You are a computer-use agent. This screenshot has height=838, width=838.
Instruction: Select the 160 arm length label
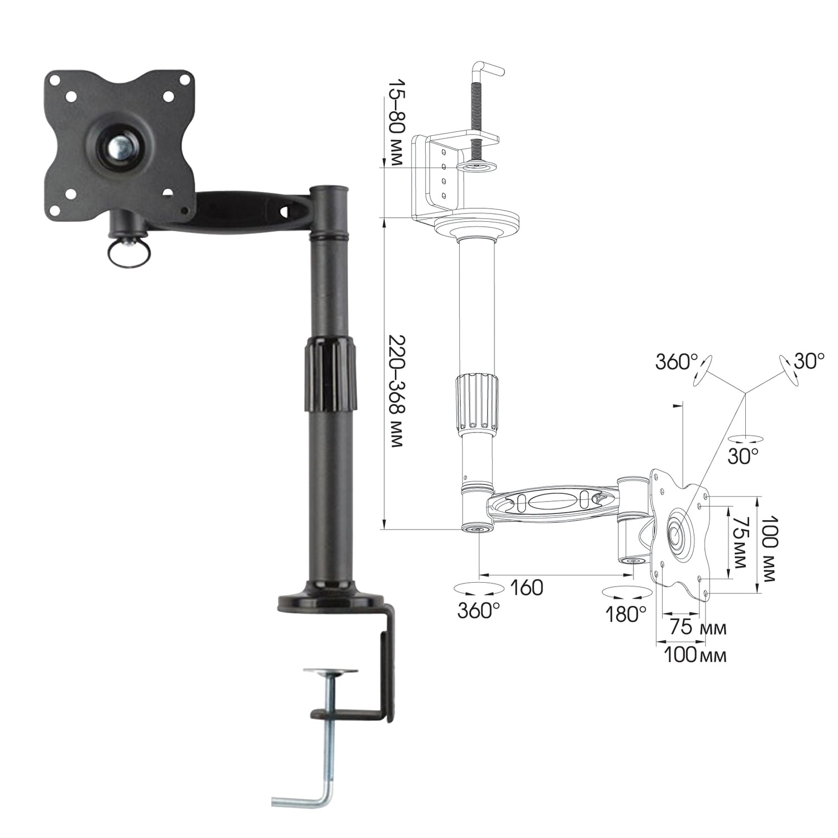pos(526,588)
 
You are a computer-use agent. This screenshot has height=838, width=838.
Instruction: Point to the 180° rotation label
pos(626,615)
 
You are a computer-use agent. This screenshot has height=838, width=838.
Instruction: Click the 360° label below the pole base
pos(478,611)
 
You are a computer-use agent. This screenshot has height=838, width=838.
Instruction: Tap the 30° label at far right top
pos(809,361)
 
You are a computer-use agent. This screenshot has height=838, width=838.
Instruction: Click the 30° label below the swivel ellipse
pos(743,456)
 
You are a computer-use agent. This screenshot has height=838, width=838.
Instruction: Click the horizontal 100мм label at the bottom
pos(695,655)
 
